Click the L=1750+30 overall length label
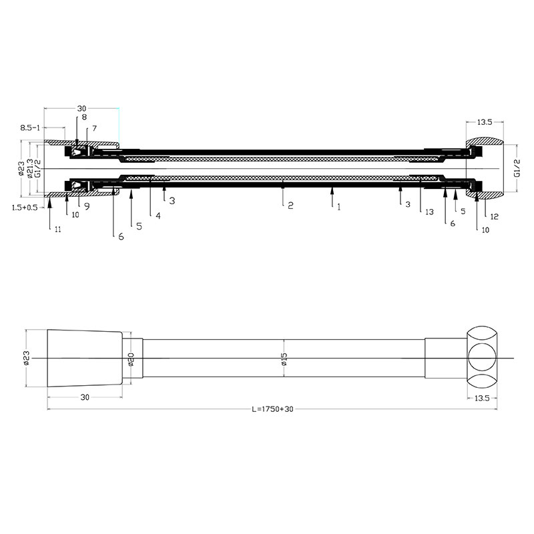click(272, 409)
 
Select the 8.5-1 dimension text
click(30, 127)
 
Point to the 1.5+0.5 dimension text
click(25, 208)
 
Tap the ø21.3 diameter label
click(30, 168)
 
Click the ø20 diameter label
click(131, 359)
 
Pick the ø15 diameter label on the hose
click(284, 359)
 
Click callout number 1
click(338, 207)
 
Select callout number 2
click(290, 206)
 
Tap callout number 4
click(158, 216)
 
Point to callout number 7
click(94, 128)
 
